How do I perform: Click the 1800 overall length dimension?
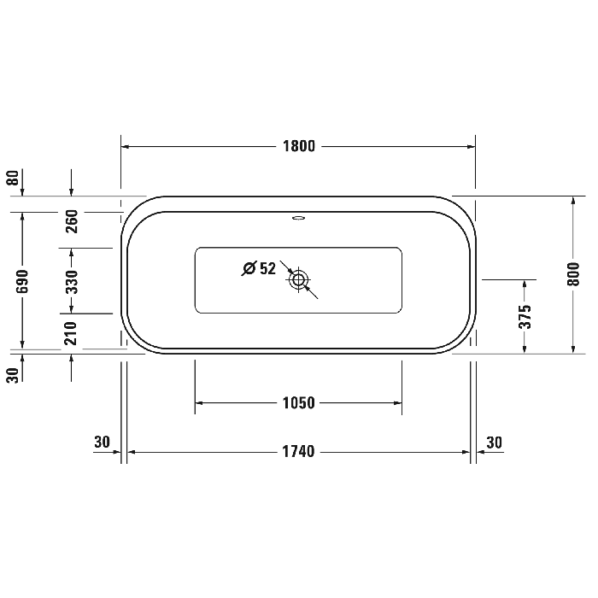point(299,146)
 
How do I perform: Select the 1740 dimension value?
point(299,452)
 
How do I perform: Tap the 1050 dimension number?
point(299,403)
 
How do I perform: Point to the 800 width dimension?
point(573,273)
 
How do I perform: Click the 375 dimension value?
point(525,316)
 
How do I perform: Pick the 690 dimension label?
point(23,280)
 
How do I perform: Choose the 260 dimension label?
point(72,221)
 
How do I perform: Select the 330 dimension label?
point(72,280)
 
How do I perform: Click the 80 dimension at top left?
point(12,178)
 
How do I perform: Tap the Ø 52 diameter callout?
point(259,268)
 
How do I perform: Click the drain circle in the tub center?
point(298,279)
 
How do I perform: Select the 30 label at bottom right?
point(495,443)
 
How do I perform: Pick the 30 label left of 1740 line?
point(103,443)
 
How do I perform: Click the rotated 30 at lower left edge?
point(12,374)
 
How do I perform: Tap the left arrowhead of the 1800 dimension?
point(125,146)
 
